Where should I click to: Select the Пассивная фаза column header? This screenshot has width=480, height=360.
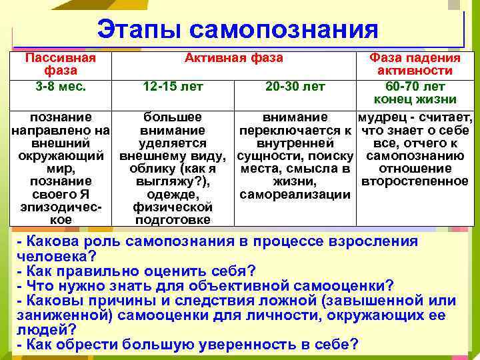pos(60,64)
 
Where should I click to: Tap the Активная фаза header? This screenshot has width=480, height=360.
pos(233,58)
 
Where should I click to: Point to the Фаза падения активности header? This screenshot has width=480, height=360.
pos(415,64)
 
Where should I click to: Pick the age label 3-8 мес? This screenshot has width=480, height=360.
pos(60,85)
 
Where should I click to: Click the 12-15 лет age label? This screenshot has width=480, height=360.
pos(173,86)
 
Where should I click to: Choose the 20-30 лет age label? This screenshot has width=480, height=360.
pos(295,86)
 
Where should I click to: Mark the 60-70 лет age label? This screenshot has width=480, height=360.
pos(415,86)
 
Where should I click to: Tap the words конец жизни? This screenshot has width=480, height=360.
pos(415,100)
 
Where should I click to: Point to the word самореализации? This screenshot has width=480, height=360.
pos(295,194)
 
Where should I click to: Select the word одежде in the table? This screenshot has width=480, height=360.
pos(173,194)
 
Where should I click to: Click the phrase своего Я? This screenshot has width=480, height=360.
pos(60,194)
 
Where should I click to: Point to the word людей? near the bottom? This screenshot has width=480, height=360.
pos(47,329)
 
